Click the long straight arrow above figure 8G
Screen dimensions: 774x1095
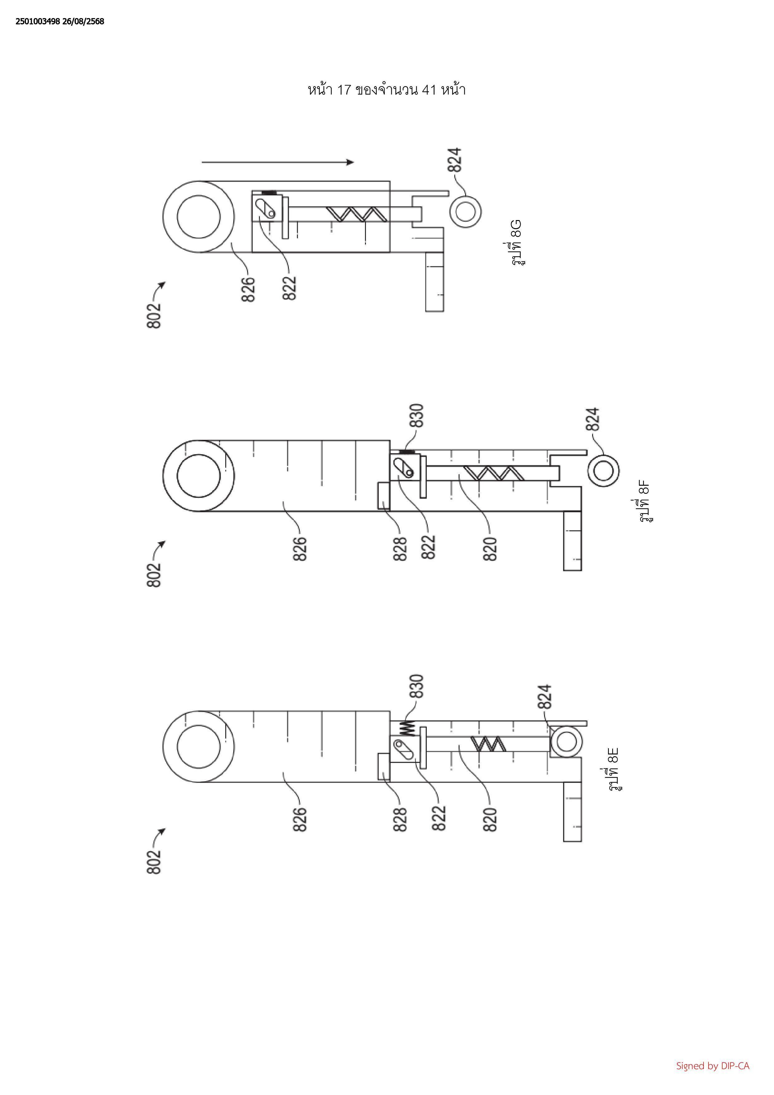[278, 162]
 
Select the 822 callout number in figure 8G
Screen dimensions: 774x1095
[289, 288]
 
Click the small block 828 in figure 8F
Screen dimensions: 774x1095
[384, 496]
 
